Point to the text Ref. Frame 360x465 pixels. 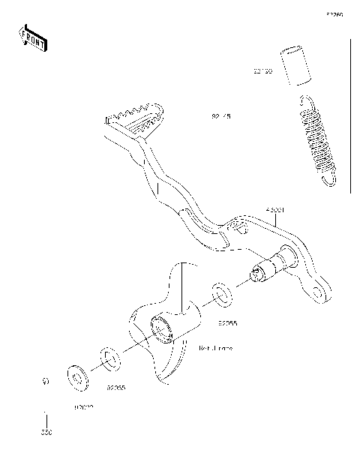click(215, 349)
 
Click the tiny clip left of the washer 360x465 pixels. click(46, 382)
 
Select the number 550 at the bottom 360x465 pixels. click(46, 433)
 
